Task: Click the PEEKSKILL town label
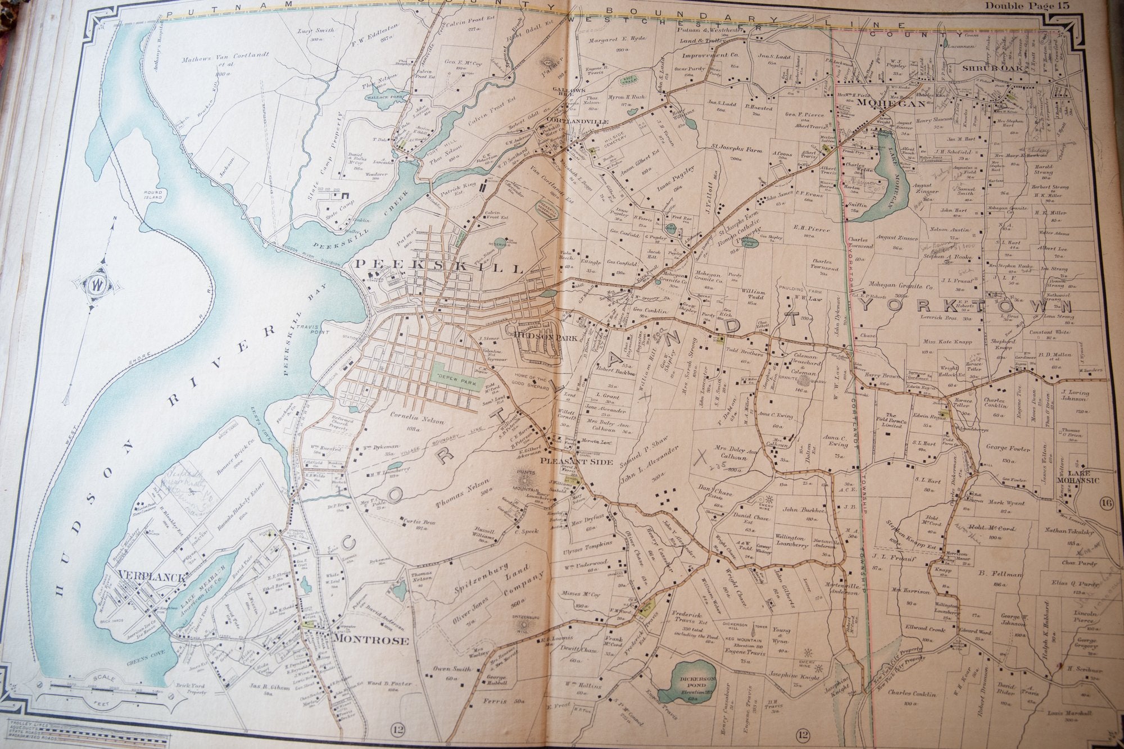click(438, 266)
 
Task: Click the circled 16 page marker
click(1107, 503)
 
